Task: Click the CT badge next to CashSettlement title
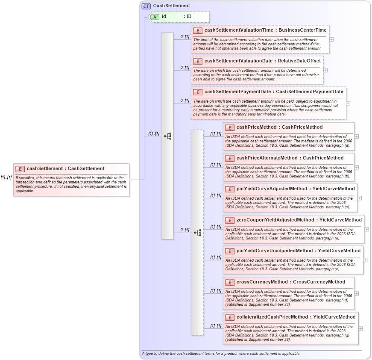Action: pos(146,6)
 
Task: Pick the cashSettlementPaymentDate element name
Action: pos(240,91)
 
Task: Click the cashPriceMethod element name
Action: pos(256,127)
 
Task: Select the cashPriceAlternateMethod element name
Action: pos(267,158)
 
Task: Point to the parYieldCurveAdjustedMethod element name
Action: pos(272,189)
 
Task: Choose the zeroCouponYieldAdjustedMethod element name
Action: pos(275,220)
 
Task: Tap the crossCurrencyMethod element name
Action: pos(262,282)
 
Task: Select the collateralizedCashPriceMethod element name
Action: pos(272,317)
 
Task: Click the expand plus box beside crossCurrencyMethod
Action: pos(357,293)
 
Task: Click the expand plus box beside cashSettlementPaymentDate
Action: pos(348,103)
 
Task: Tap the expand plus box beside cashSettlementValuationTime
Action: pos(331,39)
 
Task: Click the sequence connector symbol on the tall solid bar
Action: pos(167,136)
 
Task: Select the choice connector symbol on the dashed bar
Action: pos(197,233)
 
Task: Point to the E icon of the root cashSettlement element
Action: pos(20,168)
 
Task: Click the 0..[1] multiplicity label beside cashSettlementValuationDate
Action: pos(184,68)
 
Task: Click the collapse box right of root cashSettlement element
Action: pos(132,180)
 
